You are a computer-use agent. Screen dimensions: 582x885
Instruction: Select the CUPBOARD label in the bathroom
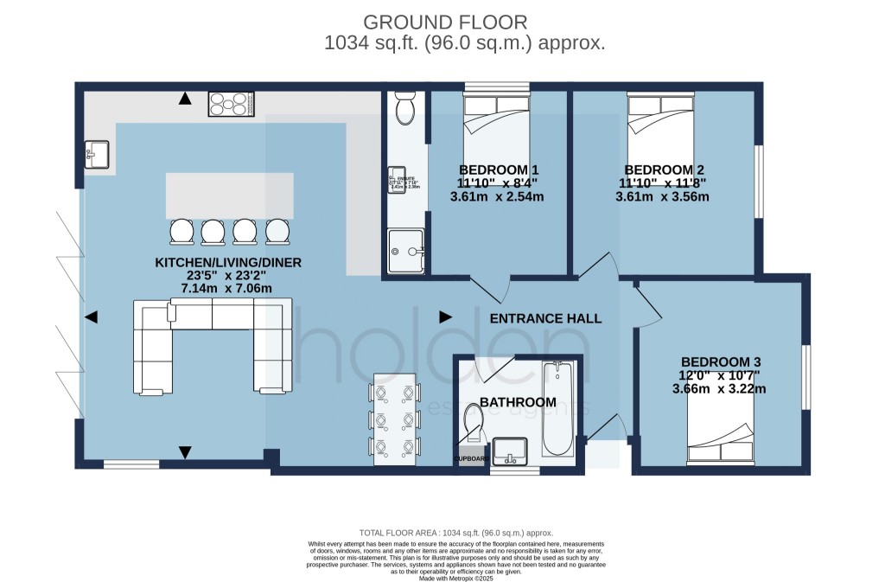coord(472,458)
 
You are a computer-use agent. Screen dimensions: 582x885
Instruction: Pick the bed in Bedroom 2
coord(661,130)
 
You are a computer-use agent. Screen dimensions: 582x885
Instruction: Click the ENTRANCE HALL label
coord(545,318)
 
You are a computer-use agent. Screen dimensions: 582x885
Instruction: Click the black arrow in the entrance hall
coord(446,317)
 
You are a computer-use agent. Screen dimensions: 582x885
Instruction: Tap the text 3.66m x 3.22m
coord(723,388)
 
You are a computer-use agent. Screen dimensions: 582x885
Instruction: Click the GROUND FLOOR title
coord(444,22)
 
